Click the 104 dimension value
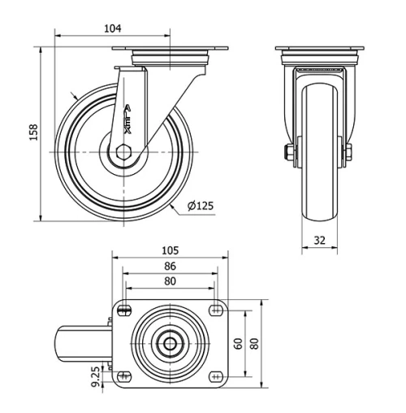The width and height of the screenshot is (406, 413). tap(112, 28)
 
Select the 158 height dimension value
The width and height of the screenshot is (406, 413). tap(33, 132)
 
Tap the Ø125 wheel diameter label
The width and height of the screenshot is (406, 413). tap(201, 206)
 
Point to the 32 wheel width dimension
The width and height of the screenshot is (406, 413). tap(319, 240)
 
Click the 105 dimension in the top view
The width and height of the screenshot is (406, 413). tap(170, 250)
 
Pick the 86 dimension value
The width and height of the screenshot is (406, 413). tap(170, 266)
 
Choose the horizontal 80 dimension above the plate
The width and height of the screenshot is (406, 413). tap(170, 281)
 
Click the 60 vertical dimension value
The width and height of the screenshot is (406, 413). tap(238, 342)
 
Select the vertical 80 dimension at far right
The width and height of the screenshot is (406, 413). tap(254, 342)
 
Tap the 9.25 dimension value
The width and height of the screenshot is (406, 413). tap(96, 376)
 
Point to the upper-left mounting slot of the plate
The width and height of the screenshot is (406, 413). tap(124, 308)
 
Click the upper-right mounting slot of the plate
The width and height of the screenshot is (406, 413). tap(216, 308)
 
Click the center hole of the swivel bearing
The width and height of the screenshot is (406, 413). tap(170, 342)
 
